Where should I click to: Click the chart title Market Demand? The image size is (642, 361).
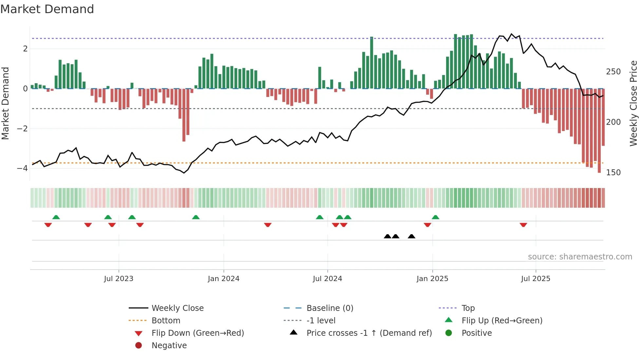click(47, 9)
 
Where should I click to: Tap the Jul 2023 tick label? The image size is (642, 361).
click(119, 279)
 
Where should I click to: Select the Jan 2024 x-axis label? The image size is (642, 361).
click(223, 279)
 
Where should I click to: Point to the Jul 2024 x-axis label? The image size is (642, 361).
click(327, 279)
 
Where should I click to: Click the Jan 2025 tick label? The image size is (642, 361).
click(432, 279)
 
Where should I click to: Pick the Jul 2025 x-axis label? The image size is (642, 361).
click(536, 279)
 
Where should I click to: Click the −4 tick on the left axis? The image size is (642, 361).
click(22, 168)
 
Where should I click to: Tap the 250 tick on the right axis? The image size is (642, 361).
click(613, 72)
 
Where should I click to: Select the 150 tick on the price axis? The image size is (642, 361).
click(613, 173)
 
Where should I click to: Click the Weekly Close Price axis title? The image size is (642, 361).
click(633, 103)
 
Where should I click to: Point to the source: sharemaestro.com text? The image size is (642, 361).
click(580, 257)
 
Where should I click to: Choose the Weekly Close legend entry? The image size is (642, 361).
click(177, 308)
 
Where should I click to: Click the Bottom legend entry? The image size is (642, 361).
click(166, 321)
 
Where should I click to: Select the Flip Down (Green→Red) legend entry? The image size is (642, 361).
click(198, 333)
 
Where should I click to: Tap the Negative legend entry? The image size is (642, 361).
click(169, 346)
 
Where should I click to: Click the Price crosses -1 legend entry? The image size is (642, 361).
click(369, 333)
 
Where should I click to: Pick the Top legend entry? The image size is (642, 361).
click(468, 308)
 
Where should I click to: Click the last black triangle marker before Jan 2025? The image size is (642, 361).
click(411, 237)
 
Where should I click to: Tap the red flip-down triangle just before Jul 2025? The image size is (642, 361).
click(523, 225)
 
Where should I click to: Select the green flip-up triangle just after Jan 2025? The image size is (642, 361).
click(435, 217)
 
